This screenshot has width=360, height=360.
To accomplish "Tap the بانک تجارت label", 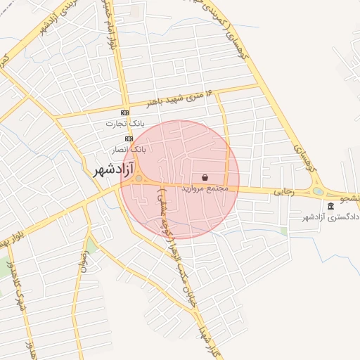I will [120, 124].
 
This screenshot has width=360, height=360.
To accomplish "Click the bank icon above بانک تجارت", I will [125, 112].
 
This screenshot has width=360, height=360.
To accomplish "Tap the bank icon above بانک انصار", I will [129, 139].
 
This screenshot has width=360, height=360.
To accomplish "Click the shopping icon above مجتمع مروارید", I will [205, 178].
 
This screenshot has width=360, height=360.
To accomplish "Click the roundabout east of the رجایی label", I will [318, 191].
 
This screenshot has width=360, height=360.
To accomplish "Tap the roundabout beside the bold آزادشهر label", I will [139, 179].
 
